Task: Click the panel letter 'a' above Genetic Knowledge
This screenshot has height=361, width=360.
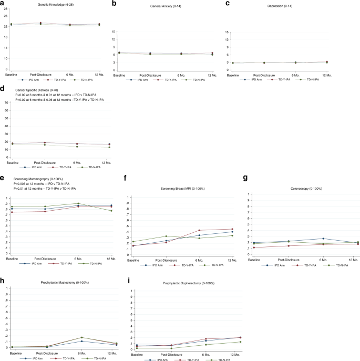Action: (3, 3)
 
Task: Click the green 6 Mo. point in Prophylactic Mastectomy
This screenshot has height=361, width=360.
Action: (81, 337)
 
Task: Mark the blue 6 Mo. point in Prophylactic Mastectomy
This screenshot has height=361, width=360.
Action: (81, 341)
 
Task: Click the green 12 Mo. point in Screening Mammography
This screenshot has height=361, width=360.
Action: (111, 211)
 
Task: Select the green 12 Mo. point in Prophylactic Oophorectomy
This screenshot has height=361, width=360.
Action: (226, 342)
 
